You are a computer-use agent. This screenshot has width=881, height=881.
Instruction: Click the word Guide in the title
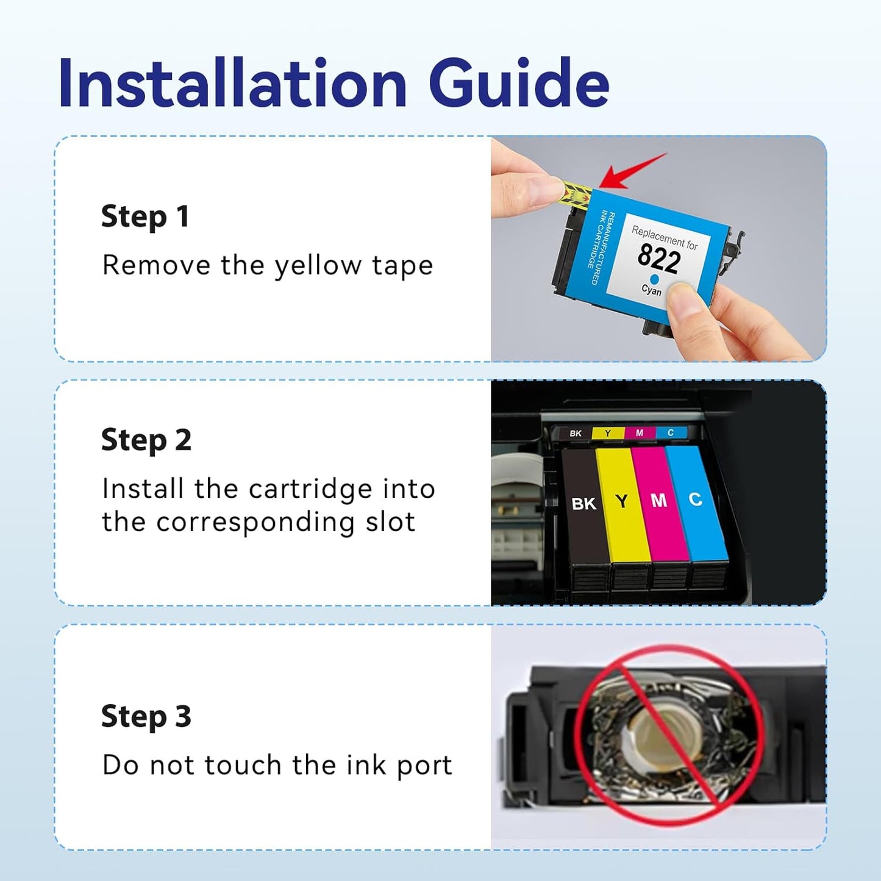(518, 84)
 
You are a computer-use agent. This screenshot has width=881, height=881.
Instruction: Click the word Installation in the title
(232, 84)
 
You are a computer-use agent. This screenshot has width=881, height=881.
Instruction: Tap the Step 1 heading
(145, 217)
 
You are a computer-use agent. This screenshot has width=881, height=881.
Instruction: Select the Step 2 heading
(146, 440)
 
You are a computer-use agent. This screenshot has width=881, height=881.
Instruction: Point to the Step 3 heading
(146, 716)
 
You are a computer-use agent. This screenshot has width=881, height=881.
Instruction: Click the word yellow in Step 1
(318, 266)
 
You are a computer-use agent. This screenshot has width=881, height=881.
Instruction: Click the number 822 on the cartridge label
(659, 259)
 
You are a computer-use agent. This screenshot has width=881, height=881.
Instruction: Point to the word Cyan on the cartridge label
(651, 290)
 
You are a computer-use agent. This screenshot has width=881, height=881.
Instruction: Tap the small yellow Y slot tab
(608, 433)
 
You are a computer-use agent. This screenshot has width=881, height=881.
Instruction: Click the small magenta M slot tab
(640, 433)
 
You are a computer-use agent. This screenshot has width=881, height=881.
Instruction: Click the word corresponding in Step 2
(255, 523)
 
